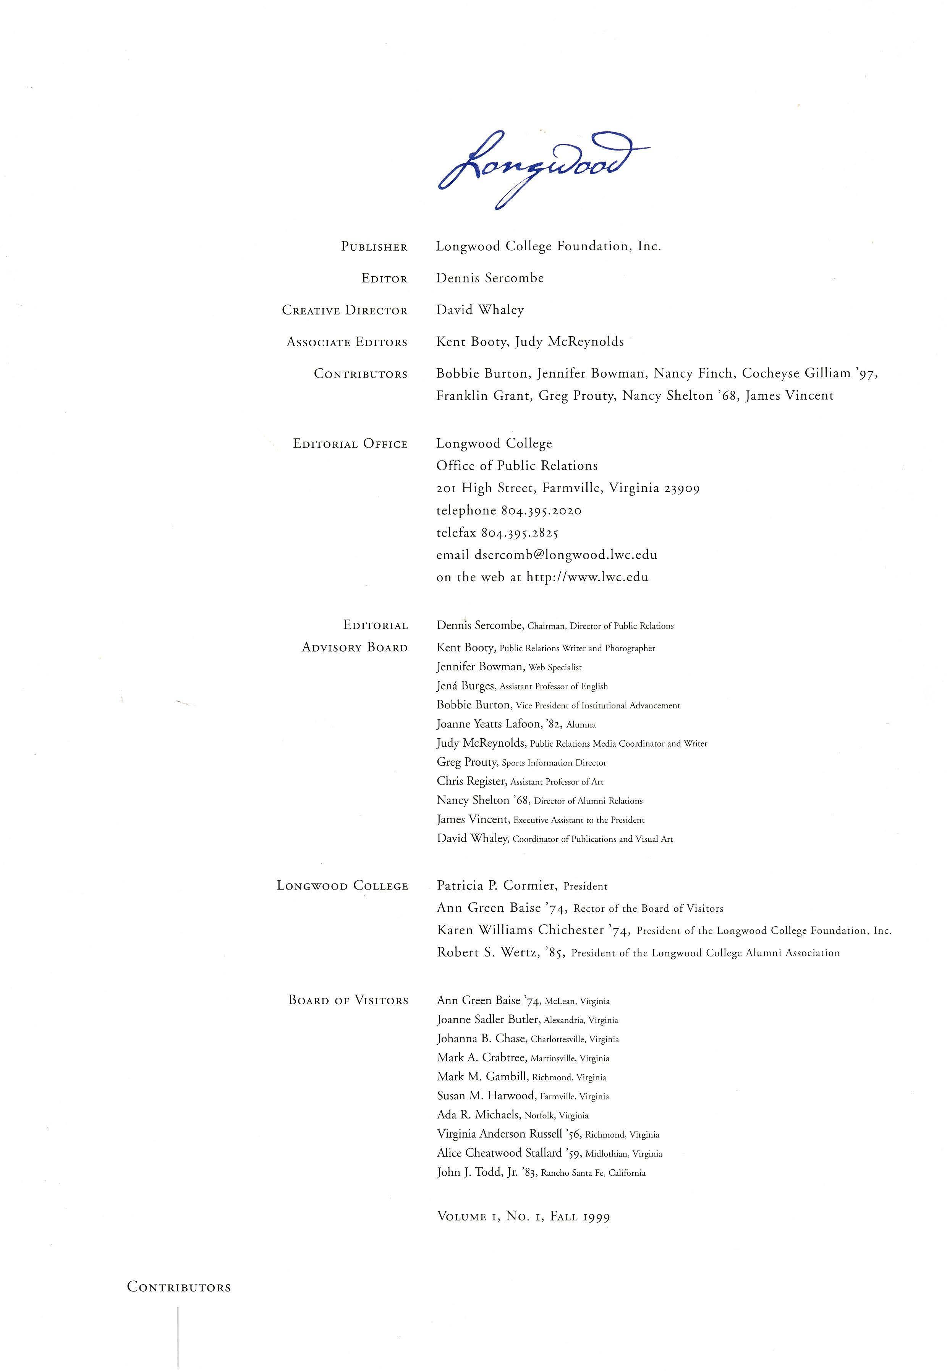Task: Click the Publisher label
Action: point(374,247)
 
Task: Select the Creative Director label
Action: point(344,310)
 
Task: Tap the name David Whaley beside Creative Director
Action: point(480,310)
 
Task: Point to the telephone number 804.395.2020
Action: point(541,510)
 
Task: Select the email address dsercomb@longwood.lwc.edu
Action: point(565,555)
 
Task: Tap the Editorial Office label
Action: point(350,444)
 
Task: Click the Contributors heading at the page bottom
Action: point(179,1287)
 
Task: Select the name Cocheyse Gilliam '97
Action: point(809,373)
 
